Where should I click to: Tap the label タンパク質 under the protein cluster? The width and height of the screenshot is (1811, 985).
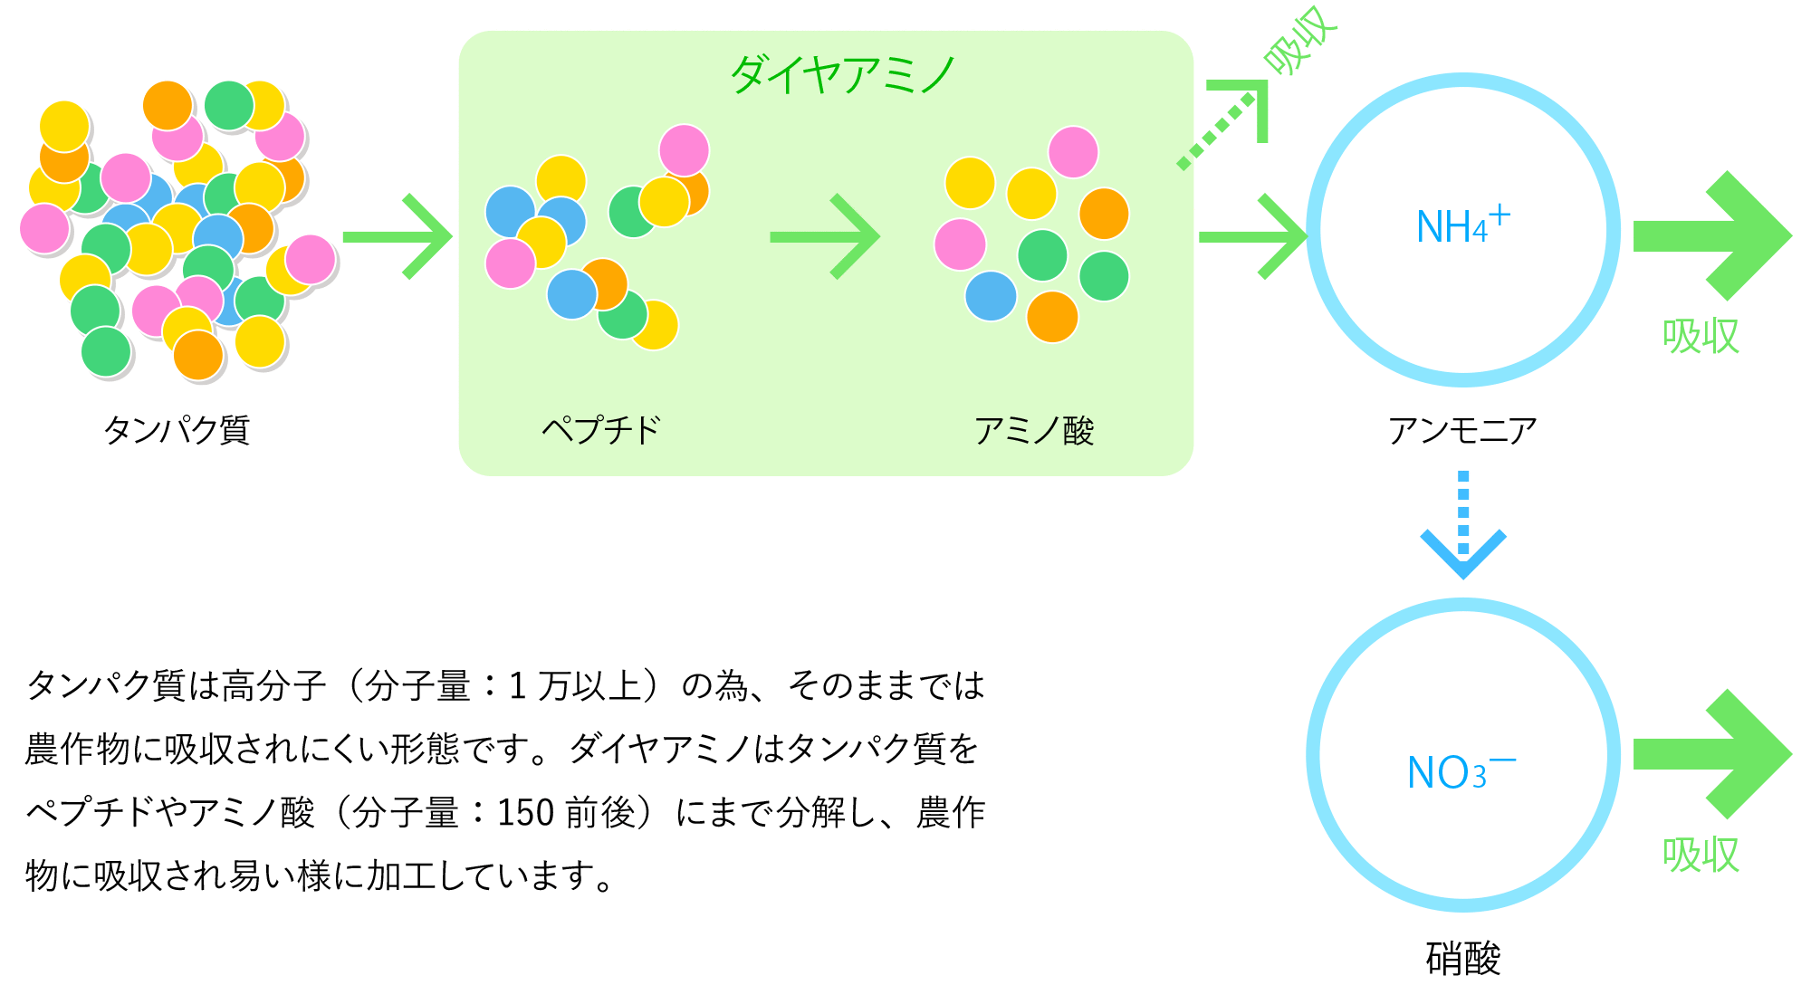[x=177, y=429]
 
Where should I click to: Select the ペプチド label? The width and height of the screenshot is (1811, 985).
[x=601, y=429]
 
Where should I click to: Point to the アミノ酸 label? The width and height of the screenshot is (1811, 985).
[x=1034, y=430]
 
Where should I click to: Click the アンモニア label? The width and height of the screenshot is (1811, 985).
[x=1462, y=430]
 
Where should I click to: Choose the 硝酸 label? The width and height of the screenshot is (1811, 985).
[x=1463, y=958]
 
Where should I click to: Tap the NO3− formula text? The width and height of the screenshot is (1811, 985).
[x=1461, y=771]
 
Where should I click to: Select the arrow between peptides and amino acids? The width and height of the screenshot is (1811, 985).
[x=824, y=236]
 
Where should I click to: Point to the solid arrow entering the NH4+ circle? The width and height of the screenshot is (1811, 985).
[x=1253, y=236]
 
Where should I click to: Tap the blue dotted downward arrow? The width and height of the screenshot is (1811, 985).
[x=1463, y=525]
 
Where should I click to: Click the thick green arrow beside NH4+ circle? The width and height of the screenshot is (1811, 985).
[x=1712, y=235]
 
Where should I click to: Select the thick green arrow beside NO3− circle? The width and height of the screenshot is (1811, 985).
[x=1712, y=754]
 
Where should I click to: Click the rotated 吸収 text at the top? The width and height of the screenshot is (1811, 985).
[x=1300, y=40]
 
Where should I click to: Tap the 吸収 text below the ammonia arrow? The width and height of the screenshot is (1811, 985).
[x=1701, y=336]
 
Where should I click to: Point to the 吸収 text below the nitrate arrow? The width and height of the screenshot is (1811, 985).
[x=1701, y=854]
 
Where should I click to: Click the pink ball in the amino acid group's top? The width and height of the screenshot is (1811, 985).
[x=1073, y=152]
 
